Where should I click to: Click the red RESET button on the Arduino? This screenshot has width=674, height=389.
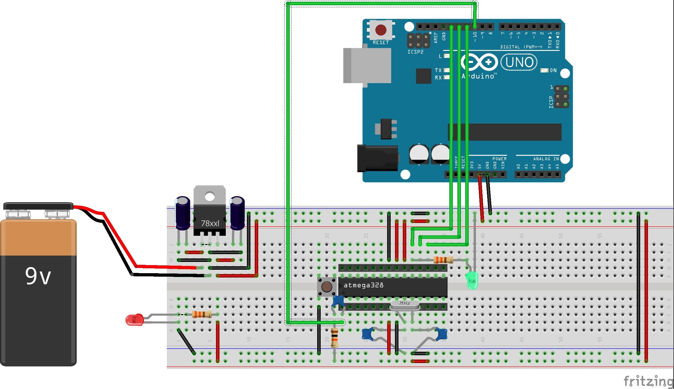[381, 30]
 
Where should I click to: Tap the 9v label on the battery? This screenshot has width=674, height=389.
[38, 276]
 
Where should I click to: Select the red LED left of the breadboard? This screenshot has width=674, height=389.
[134, 320]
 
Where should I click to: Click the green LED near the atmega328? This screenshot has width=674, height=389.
[472, 280]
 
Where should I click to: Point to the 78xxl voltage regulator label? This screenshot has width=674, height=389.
[210, 223]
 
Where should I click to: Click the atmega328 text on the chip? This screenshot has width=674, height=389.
[363, 285]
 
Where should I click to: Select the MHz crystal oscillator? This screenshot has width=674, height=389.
[405, 305]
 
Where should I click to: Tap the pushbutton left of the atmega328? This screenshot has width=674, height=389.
[326, 287]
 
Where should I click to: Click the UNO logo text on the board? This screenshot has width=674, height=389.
[519, 62]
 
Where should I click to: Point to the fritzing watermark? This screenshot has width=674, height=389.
[648, 381]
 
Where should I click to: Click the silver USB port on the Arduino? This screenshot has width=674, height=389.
[367, 66]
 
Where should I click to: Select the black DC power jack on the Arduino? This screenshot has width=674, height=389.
[377, 158]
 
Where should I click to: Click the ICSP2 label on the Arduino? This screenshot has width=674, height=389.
[415, 52]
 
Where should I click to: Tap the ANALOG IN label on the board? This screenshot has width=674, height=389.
[546, 159]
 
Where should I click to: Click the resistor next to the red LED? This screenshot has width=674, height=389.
[202, 314]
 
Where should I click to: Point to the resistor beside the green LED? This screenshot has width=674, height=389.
[443, 260]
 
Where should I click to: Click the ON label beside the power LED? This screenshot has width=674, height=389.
[553, 70]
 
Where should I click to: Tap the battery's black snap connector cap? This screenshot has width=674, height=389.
[38, 206]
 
